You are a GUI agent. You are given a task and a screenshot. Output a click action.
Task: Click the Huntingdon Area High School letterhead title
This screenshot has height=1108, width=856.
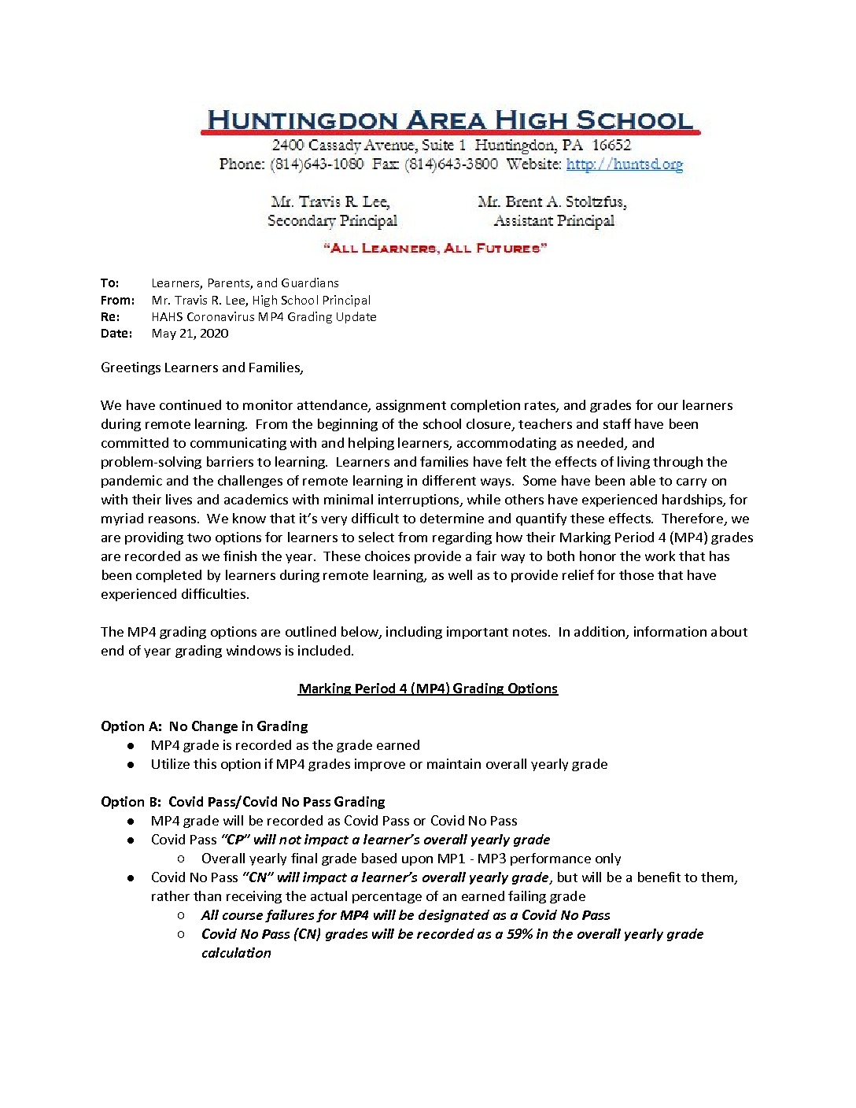coord(449,120)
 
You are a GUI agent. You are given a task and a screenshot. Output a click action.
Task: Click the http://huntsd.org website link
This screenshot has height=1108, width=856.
coord(624,164)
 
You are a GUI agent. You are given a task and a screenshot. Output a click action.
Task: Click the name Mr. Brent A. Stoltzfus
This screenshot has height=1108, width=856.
coord(552,201)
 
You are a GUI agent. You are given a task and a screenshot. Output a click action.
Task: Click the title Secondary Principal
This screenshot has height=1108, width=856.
coord(332,220)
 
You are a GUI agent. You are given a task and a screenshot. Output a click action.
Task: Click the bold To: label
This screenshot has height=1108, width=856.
coord(110,283)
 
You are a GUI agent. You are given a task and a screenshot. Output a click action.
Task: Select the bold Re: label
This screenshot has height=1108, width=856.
coord(110,316)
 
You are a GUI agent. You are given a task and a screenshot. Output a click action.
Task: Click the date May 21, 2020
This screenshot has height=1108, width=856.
coord(190,333)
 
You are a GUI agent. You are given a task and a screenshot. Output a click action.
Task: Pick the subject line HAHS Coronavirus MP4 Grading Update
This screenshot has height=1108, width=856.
coord(264,316)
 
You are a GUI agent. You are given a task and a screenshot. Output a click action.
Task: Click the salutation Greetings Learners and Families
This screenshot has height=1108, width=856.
coord(201,367)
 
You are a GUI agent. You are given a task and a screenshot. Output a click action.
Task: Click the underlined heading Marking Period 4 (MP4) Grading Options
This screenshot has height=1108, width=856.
coord(428,689)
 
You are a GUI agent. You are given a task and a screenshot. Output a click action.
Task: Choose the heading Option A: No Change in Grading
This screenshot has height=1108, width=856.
coord(205,726)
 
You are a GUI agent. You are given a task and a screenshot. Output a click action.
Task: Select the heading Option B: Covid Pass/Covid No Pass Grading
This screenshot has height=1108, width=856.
coord(243,802)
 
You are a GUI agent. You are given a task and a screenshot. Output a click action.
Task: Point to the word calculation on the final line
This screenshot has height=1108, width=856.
coord(236,953)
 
